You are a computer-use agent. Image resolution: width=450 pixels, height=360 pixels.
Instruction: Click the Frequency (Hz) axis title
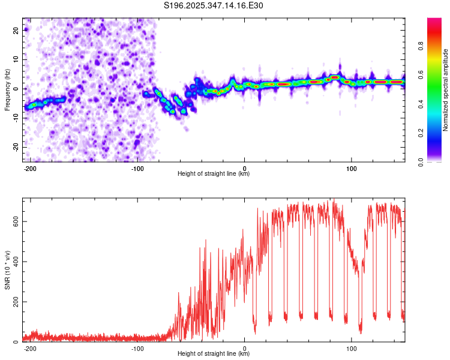pos(7,90)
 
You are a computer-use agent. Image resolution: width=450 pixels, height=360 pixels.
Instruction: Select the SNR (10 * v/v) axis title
pos(7,269)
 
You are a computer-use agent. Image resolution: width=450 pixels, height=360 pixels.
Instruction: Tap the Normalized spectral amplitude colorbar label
pos(445,90)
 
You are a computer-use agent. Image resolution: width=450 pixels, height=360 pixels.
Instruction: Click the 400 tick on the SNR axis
pos(14,261)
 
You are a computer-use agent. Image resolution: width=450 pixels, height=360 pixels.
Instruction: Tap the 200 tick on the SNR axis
pos(14,301)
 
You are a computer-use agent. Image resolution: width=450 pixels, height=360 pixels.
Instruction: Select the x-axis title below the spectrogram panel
pos(214,174)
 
